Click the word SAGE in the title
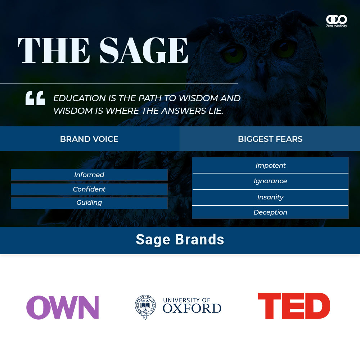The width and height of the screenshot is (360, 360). click(144, 50)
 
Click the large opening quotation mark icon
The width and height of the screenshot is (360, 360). click(35, 98)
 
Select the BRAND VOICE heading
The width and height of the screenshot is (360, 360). click(89, 139)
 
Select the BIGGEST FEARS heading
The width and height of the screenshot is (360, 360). click(270, 139)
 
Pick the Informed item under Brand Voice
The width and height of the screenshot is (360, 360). click(89, 175)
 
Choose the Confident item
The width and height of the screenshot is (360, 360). click(89, 189)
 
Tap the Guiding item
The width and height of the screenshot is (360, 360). click(89, 203)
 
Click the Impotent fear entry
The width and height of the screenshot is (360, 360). click(270, 165)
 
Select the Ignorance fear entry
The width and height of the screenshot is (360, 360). click(270, 181)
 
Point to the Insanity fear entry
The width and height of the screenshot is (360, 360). click(270, 197)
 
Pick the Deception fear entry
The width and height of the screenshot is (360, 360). click(270, 212)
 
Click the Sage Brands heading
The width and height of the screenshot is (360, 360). click(180, 240)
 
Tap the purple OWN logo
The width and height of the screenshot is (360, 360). click(62, 307)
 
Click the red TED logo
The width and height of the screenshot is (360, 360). click(294, 306)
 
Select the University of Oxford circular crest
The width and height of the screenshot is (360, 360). click(145, 307)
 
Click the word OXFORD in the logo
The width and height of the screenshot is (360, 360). click(192, 309)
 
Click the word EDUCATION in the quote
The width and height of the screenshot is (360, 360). click(80, 98)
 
